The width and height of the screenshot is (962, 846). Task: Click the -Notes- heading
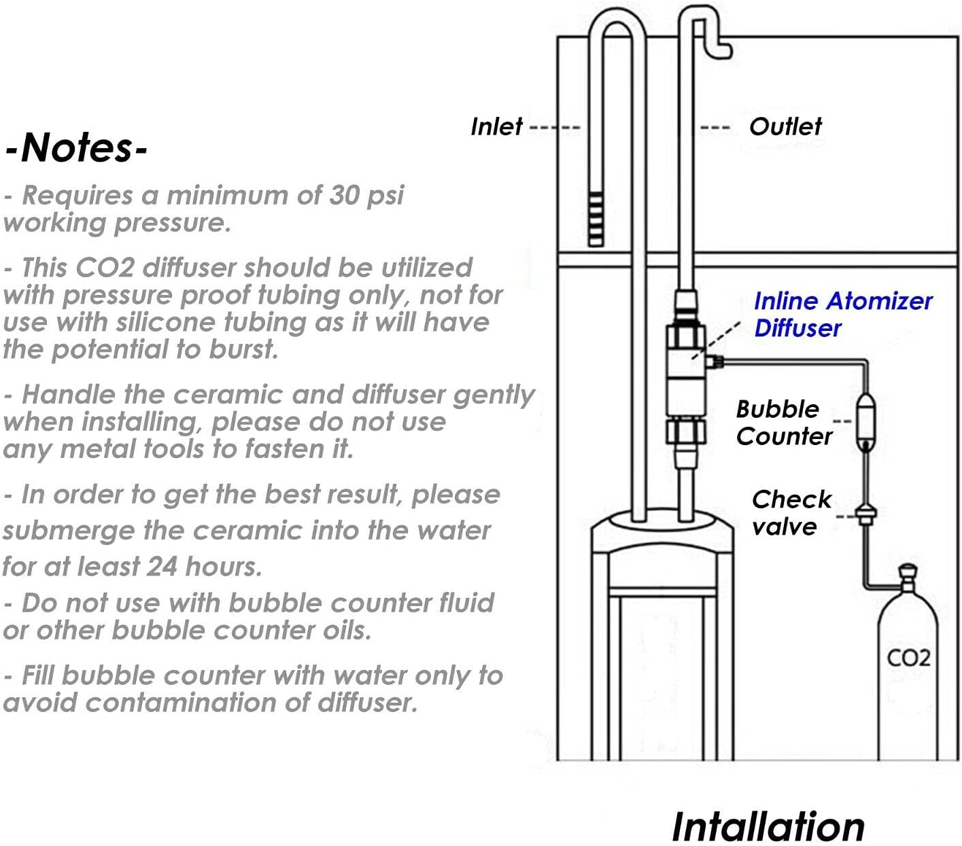76,147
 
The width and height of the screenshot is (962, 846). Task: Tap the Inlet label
496,127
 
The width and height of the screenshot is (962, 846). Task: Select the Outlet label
785,127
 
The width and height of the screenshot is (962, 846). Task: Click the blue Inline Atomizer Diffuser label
843,315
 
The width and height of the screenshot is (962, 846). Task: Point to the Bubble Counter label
784,423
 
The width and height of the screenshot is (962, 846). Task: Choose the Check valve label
791,513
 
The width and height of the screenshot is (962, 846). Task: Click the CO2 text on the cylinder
908,658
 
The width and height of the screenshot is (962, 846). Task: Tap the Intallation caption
768,826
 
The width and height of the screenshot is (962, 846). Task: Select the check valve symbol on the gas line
866,514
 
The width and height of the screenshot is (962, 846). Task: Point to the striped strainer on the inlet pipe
596,219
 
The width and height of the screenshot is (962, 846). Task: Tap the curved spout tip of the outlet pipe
722,50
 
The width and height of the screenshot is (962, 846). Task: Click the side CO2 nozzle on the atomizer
714,362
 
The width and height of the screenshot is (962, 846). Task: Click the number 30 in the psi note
345,195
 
